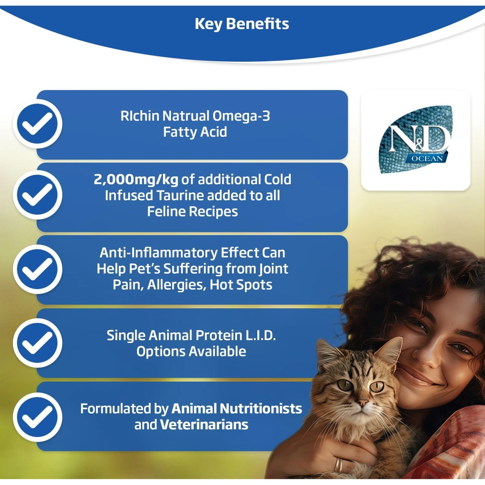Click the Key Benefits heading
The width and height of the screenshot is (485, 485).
click(242, 24)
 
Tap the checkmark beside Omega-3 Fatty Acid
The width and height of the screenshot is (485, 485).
click(38, 124)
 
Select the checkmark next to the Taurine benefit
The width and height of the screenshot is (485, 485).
click(38, 195)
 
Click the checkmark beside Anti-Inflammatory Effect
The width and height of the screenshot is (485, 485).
click(38, 269)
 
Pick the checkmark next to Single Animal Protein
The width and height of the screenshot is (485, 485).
click(38, 343)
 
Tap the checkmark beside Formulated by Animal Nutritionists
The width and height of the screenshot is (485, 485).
click(38, 417)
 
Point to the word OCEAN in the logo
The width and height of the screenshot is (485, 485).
click(427, 158)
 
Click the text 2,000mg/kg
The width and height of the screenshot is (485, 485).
click(136, 179)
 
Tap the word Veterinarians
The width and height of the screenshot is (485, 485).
click(204, 425)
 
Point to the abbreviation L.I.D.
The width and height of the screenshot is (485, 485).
click(261, 336)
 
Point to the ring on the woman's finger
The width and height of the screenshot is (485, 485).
click(338, 465)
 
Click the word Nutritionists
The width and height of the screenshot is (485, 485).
click(262, 409)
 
